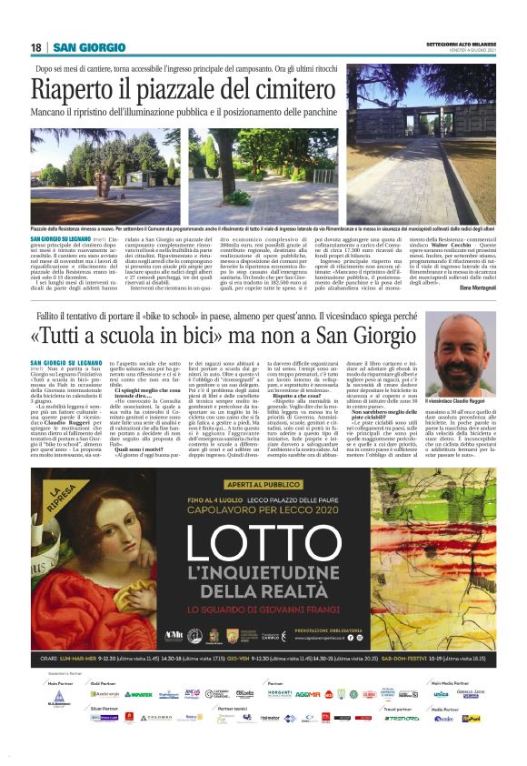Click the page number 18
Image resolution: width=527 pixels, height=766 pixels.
36,47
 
